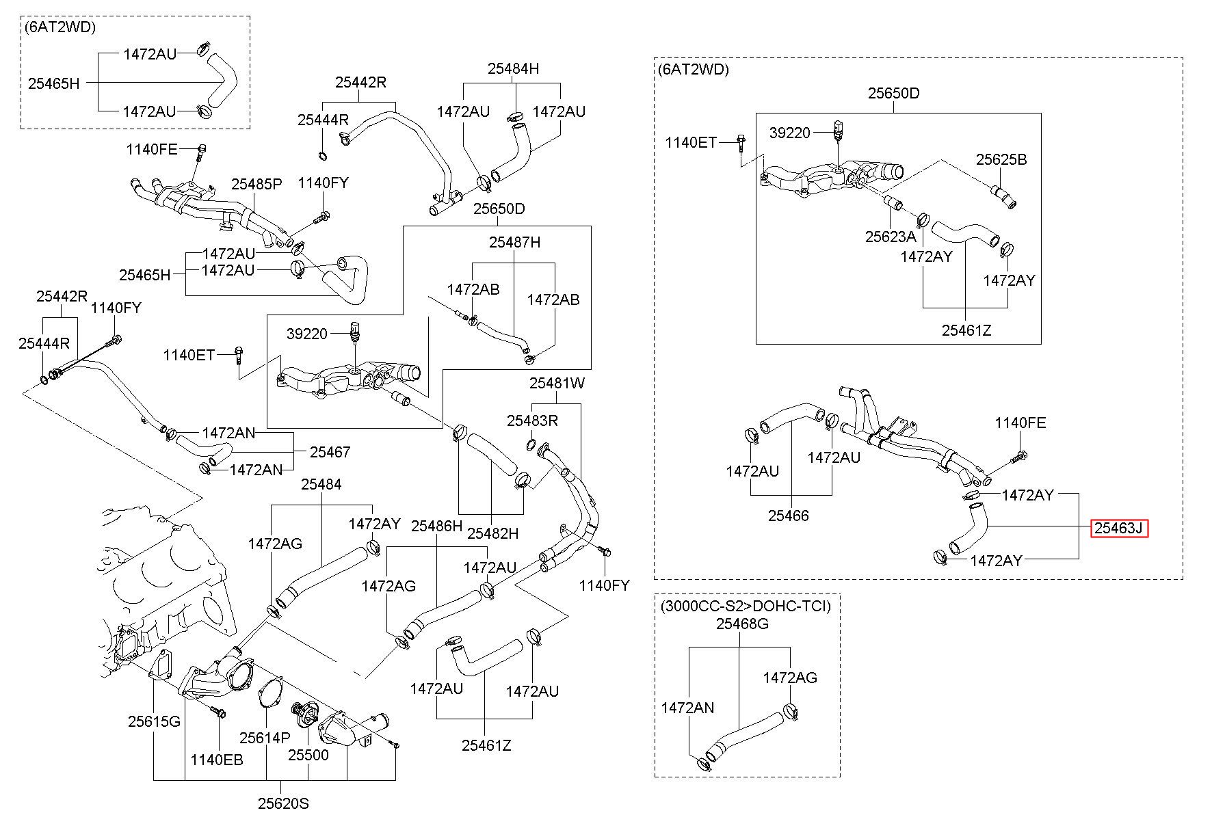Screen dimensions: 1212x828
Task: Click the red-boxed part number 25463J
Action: click(1119, 529)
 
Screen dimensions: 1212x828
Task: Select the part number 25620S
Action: click(283, 803)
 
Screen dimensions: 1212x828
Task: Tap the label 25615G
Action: click(154, 721)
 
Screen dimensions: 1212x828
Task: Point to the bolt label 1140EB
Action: click(217, 760)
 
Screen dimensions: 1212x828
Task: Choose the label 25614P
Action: click(265, 738)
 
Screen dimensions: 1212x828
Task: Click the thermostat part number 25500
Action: click(308, 755)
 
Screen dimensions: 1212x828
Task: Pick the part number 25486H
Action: click(436, 526)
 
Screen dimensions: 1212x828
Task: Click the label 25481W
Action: click(557, 384)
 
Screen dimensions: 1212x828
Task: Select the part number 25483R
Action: click(532, 421)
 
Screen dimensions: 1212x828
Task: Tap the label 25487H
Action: click(514, 242)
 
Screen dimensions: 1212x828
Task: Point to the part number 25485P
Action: click(256, 184)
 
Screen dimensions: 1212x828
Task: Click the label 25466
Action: click(788, 516)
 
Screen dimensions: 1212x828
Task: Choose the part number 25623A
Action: click(891, 237)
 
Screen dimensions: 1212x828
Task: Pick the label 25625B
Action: click(1001, 159)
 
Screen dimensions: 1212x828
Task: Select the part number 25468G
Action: click(742, 624)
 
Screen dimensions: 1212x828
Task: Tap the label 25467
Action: click(330, 452)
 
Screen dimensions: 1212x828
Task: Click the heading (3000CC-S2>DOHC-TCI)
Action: click(746, 606)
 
